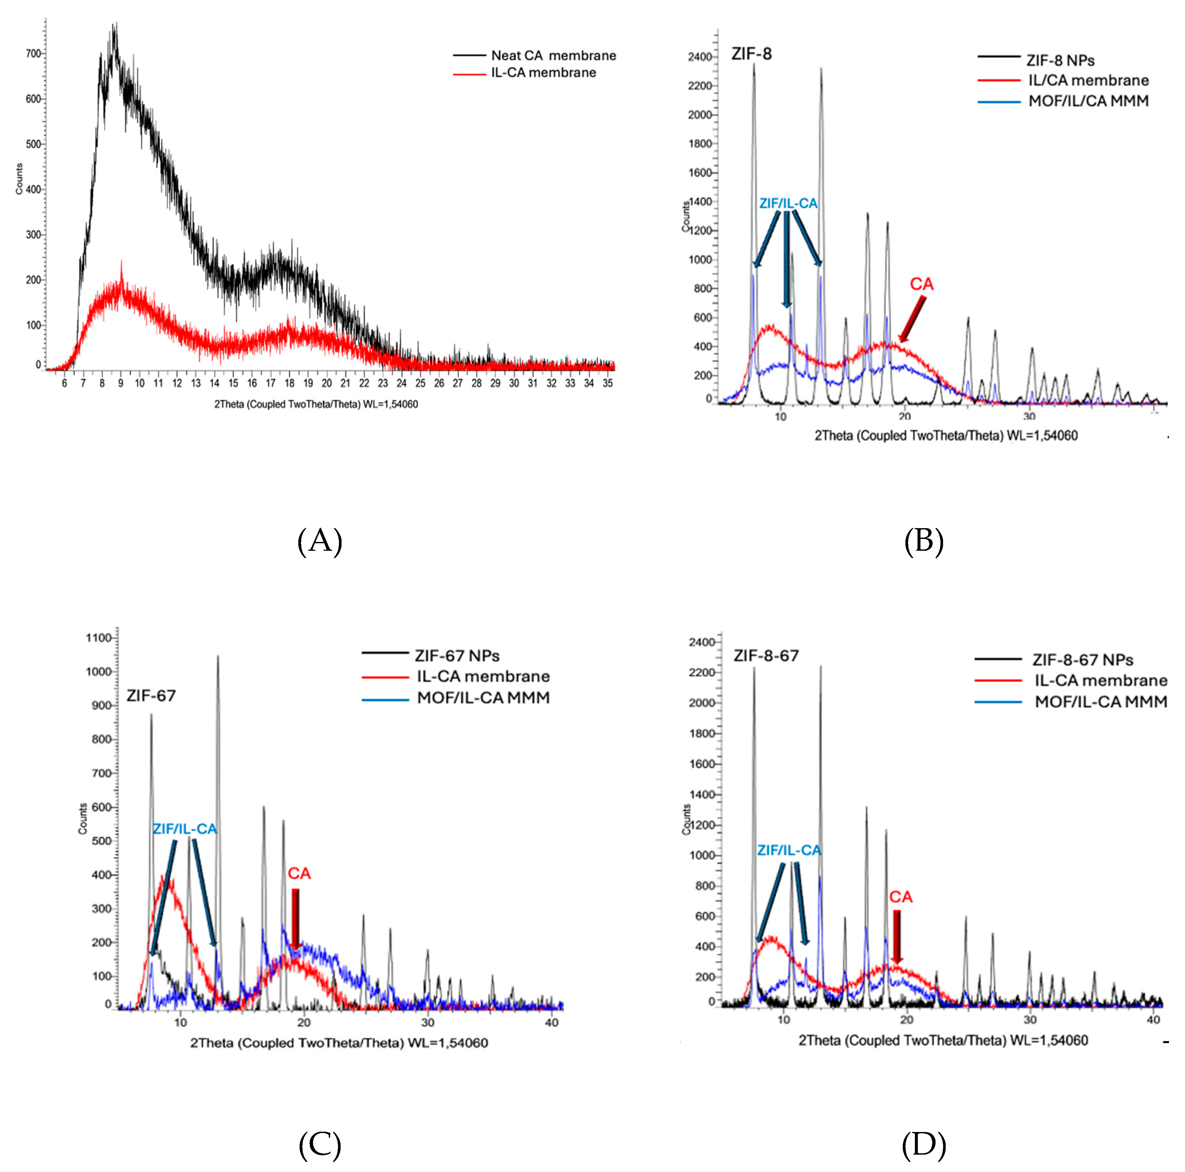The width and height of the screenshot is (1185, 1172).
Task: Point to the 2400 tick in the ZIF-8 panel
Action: (700, 57)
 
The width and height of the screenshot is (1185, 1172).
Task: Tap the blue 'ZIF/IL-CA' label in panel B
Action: (788, 204)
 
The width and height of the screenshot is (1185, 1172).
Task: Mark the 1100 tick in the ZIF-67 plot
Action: (99, 638)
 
